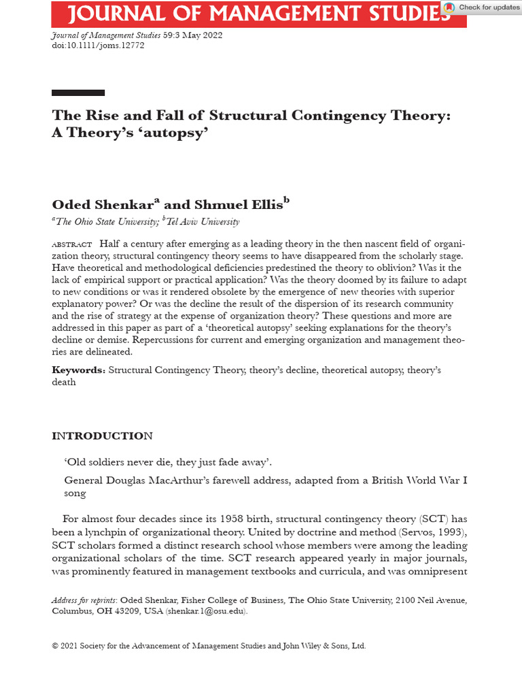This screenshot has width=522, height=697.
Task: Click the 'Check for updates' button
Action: click(482, 7)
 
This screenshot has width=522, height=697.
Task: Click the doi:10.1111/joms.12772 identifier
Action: click(98, 46)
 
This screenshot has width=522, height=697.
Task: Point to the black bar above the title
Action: click(78, 93)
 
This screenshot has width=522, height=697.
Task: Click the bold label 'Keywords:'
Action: click(79, 370)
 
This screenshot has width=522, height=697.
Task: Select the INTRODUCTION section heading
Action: click(103, 436)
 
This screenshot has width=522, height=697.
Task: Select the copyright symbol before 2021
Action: click(55, 646)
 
